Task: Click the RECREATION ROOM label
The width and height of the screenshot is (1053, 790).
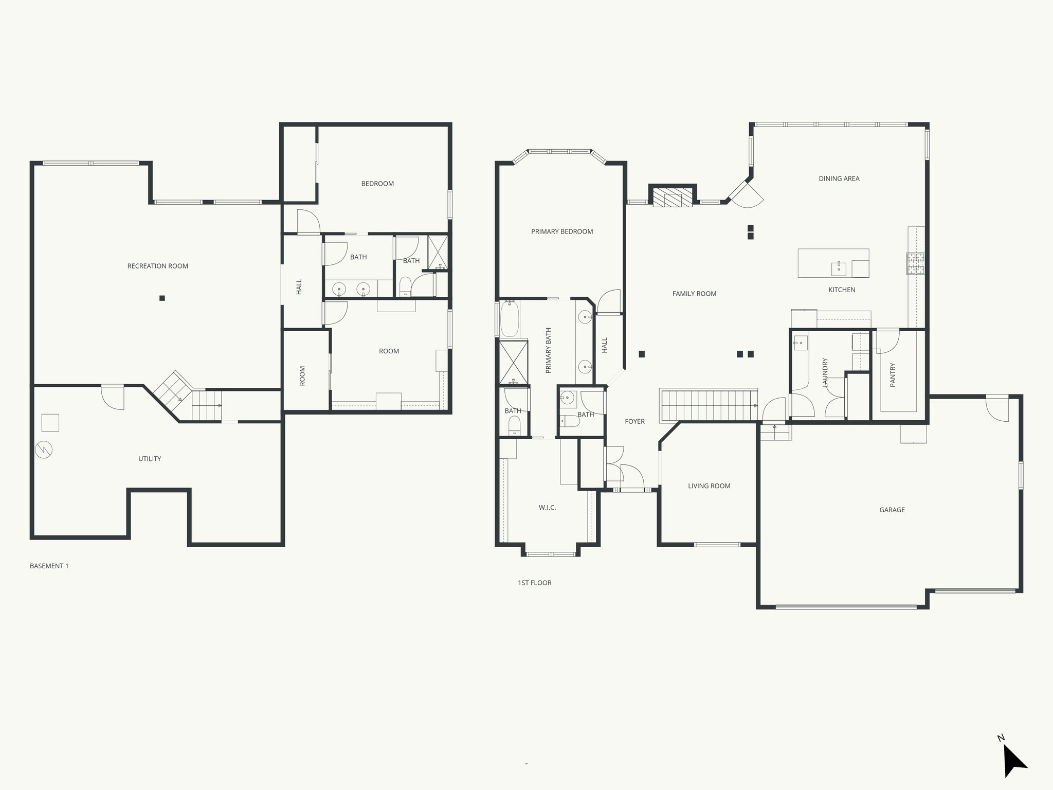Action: pyautogui.click(x=158, y=266)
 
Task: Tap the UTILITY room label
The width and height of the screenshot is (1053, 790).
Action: pyautogui.click(x=150, y=459)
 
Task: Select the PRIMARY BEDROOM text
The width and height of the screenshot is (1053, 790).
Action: pyautogui.click(x=562, y=231)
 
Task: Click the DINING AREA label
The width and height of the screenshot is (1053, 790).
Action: pyautogui.click(x=839, y=178)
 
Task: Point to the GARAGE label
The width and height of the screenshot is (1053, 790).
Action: pyautogui.click(x=892, y=510)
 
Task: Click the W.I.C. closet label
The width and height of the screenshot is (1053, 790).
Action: pyautogui.click(x=547, y=508)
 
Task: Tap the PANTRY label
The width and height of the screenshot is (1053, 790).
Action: pyautogui.click(x=893, y=375)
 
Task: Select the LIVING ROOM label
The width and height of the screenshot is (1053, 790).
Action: pyautogui.click(x=709, y=486)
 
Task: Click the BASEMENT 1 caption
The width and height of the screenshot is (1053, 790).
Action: pyautogui.click(x=49, y=566)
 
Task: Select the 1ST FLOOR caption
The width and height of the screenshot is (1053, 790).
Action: pyautogui.click(x=535, y=583)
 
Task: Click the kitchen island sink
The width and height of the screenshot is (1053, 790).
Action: pyautogui.click(x=839, y=267)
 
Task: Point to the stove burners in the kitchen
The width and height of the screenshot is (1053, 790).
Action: pyautogui.click(x=915, y=263)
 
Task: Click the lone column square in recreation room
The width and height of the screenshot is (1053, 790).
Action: pyautogui.click(x=162, y=298)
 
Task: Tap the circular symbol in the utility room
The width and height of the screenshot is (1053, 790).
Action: pyautogui.click(x=43, y=450)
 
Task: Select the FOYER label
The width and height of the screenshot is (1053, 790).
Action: pyautogui.click(x=634, y=421)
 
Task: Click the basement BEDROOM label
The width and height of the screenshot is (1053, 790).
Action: pyautogui.click(x=377, y=184)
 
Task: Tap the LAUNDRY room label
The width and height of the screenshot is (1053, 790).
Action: pyautogui.click(x=825, y=373)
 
